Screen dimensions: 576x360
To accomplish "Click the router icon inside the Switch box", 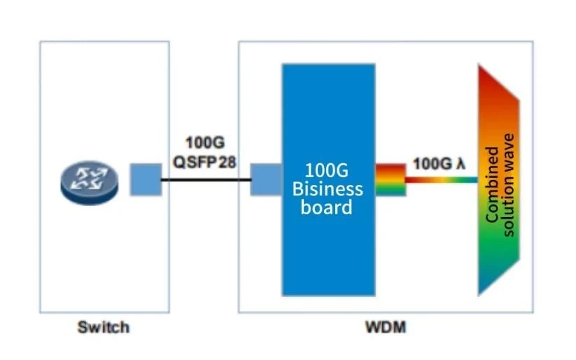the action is tap(90, 182).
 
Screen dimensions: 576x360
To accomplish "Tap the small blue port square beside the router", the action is tap(146, 179).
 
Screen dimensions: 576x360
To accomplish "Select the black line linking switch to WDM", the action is tap(206, 180).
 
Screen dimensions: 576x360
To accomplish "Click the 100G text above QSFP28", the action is tap(205, 143).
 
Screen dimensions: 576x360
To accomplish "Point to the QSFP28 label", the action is tap(204, 162).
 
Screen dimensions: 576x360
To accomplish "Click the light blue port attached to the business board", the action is tap(267, 180).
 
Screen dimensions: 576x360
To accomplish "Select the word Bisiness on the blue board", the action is tap(328, 189).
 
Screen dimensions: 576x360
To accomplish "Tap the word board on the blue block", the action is tap(327, 207).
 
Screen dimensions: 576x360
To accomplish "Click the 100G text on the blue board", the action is tap(327, 171).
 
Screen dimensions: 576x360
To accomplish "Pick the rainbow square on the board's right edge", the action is tap(391, 180).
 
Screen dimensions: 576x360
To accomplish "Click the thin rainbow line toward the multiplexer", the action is tap(442, 180).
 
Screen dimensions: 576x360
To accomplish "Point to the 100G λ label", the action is tap(440, 164).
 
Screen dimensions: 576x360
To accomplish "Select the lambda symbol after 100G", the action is tap(461, 164).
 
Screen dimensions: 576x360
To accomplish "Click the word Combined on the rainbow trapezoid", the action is tap(492, 185).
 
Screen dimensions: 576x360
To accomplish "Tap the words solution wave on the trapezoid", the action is tap(509, 186).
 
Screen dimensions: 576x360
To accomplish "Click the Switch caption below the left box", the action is tap(104, 327).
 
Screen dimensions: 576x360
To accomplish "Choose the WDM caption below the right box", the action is tap(386, 327).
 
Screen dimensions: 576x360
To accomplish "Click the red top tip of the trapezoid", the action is tap(479, 64).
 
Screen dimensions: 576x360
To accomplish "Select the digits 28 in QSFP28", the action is tap(227, 162).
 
